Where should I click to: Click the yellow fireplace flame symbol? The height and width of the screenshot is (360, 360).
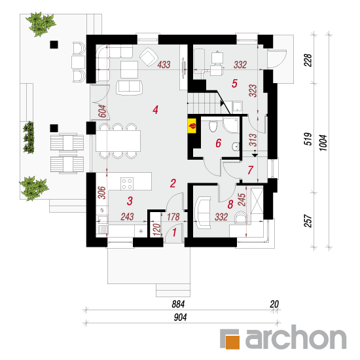click(x=192, y=126)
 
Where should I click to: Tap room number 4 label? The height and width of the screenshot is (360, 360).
click(x=155, y=110)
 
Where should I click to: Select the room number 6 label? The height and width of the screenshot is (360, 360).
click(x=218, y=143)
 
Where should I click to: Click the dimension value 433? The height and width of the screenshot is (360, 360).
click(x=164, y=65)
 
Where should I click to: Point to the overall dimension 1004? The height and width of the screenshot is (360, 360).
click(x=323, y=143)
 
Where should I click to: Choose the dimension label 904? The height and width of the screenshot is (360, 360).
click(x=180, y=317)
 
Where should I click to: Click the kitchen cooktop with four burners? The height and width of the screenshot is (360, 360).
click(x=127, y=184)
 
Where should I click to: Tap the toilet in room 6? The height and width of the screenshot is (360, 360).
click(x=213, y=126)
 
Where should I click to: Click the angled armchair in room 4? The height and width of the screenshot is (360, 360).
click(x=149, y=57)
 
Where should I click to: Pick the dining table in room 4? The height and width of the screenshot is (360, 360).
click(x=118, y=141)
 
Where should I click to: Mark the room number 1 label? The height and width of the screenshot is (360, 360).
click(x=174, y=232)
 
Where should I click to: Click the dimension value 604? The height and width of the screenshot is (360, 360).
click(x=103, y=111)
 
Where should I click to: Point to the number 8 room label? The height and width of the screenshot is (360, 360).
click(x=230, y=204)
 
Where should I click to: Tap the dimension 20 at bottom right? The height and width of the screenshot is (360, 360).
click(x=274, y=304)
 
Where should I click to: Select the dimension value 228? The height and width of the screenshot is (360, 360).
click(x=308, y=60)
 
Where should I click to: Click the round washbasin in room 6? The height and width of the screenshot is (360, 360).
click(x=236, y=147)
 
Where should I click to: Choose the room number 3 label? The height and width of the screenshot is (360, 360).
click(x=130, y=201)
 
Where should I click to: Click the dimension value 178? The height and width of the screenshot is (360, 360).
click(x=173, y=217)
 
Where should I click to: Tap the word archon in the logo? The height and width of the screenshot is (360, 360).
click(x=296, y=337)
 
